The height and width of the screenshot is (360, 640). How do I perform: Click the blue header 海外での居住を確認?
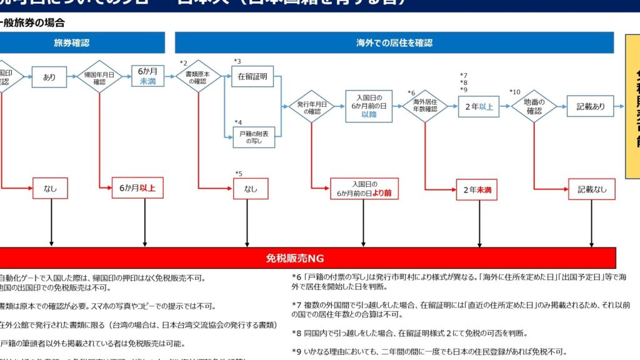394,43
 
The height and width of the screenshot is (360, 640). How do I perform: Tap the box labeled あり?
49,77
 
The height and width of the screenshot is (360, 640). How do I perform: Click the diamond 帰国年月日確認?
99,77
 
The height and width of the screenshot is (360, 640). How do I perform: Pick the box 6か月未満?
147,77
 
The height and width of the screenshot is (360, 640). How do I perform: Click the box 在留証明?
252,77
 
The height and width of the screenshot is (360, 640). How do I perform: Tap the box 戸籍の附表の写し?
254,137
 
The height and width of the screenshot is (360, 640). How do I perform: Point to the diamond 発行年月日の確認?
311,107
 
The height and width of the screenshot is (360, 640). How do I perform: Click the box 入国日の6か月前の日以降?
369,106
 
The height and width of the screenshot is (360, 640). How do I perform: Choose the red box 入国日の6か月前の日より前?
364,189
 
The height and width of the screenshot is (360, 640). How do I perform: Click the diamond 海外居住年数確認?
425,107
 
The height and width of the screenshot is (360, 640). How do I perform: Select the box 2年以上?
479,107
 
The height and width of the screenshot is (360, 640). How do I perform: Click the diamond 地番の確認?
534,107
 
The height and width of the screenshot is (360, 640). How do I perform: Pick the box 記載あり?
591,107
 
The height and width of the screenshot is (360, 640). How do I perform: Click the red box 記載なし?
591,189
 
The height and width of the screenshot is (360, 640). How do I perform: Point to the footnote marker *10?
514,92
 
